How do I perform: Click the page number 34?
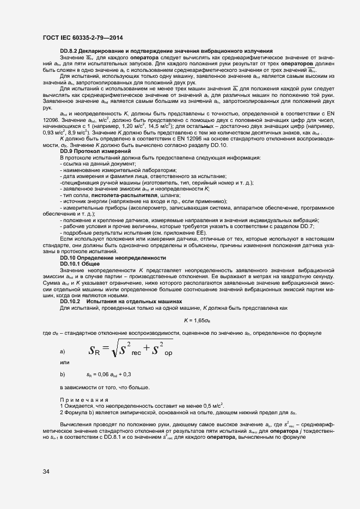[46, 471]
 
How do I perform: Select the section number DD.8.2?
[69, 51]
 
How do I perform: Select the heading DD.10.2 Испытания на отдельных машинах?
[120, 302]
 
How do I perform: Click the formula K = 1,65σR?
[197, 320]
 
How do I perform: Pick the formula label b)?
[63, 375]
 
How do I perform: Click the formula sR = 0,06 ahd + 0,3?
[109, 375]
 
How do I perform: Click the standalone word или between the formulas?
[65, 363]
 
